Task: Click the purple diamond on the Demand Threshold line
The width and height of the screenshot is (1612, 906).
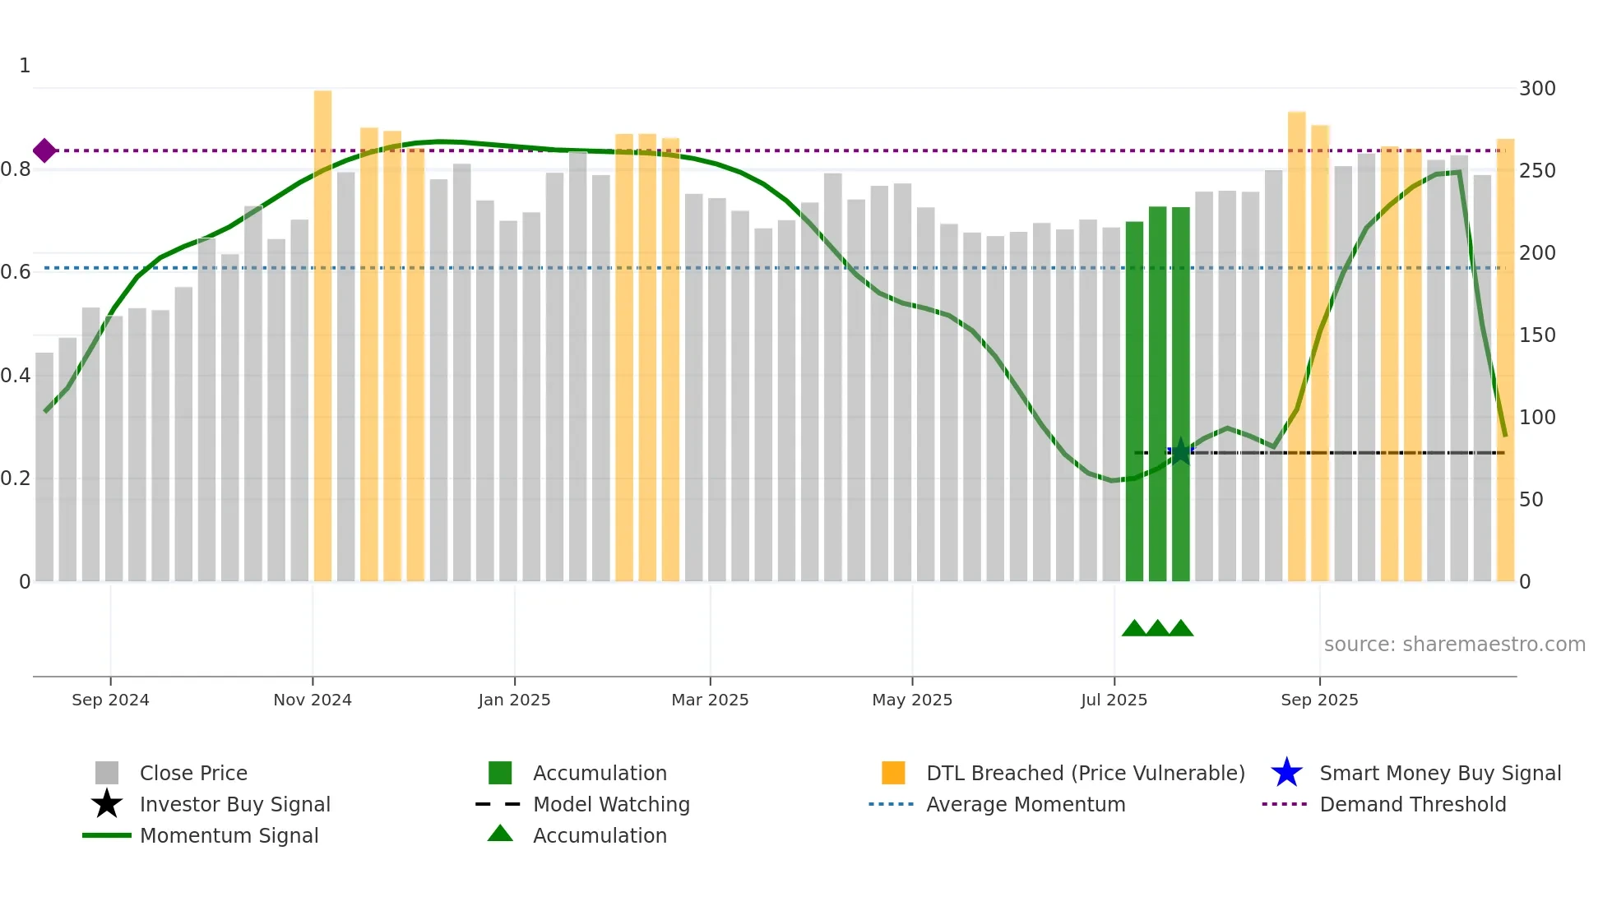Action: pyautogui.click(x=44, y=150)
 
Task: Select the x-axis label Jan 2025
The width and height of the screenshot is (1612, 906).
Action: pyautogui.click(x=514, y=700)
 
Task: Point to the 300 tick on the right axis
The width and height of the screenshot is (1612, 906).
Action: pyautogui.click(x=1536, y=89)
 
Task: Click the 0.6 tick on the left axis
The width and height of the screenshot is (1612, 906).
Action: pyautogui.click(x=16, y=272)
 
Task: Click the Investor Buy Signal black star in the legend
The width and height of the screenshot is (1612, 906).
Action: pyautogui.click(x=107, y=804)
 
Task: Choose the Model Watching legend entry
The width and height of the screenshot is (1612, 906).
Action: pyautogui.click(x=610, y=804)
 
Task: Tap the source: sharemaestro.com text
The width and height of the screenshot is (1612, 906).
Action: pyautogui.click(x=1454, y=645)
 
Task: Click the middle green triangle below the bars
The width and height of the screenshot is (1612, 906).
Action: pyautogui.click(x=1157, y=629)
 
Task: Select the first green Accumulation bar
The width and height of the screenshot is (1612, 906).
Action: pyautogui.click(x=1134, y=403)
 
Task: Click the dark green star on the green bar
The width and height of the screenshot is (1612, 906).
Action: pyautogui.click(x=1180, y=451)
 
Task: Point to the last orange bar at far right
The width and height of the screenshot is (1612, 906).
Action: pyautogui.click(x=1505, y=362)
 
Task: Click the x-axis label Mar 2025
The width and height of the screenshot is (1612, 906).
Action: pyautogui.click(x=710, y=700)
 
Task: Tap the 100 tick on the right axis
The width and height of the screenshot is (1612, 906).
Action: pyautogui.click(x=1536, y=418)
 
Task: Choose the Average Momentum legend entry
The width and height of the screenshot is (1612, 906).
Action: pyautogui.click(x=1025, y=804)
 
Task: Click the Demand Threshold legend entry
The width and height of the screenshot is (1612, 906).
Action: pyautogui.click(x=1412, y=804)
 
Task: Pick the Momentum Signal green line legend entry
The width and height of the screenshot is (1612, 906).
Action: pyautogui.click(x=228, y=835)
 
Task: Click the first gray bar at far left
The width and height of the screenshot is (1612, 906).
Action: pyautogui.click(x=44, y=469)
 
